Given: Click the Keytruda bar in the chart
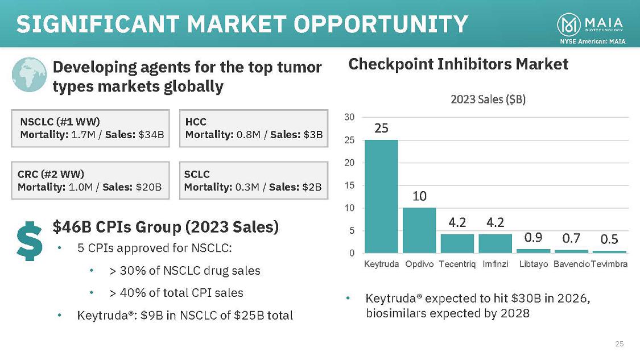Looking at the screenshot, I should tap(381, 196).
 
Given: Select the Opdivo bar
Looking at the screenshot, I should tap(419, 230).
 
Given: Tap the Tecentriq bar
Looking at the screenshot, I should tap(457, 243).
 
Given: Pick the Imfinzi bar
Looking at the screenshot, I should tap(495, 243).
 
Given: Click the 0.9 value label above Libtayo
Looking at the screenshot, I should tap(533, 236).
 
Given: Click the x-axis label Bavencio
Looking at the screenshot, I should tap(571, 264).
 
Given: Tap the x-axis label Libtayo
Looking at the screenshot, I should tap(534, 264).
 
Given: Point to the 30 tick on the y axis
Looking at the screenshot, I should tap(349, 117).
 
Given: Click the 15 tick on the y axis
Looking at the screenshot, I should tap(349, 185).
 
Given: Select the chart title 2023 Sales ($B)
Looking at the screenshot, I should tap(488, 100).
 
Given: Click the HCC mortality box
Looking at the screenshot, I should tap(254, 129).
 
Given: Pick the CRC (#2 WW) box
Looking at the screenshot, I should tap(91, 180).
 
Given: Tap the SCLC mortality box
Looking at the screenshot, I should tap(254, 180).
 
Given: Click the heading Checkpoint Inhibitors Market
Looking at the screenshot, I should tap(458, 64).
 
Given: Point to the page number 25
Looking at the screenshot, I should tap(620, 344).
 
